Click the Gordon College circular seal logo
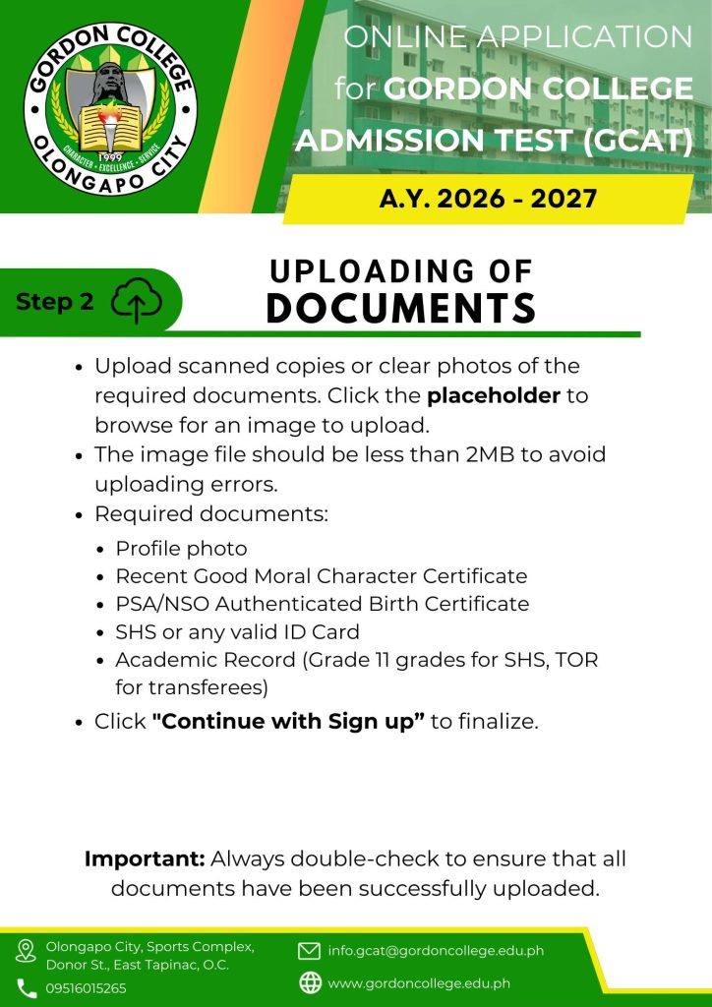(110, 107)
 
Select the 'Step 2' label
(55, 302)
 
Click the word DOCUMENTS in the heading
(401, 308)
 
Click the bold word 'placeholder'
(493, 395)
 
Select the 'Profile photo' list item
(181, 548)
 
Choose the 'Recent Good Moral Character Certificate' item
(321, 575)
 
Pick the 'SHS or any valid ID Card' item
(237, 631)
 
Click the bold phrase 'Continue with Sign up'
(288, 721)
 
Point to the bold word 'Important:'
(145, 858)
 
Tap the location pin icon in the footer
(26, 951)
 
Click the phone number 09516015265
(86, 988)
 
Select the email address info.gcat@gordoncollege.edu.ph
(436, 951)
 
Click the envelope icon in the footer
(310, 951)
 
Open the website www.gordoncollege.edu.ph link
(419, 982)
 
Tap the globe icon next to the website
(310, 982)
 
